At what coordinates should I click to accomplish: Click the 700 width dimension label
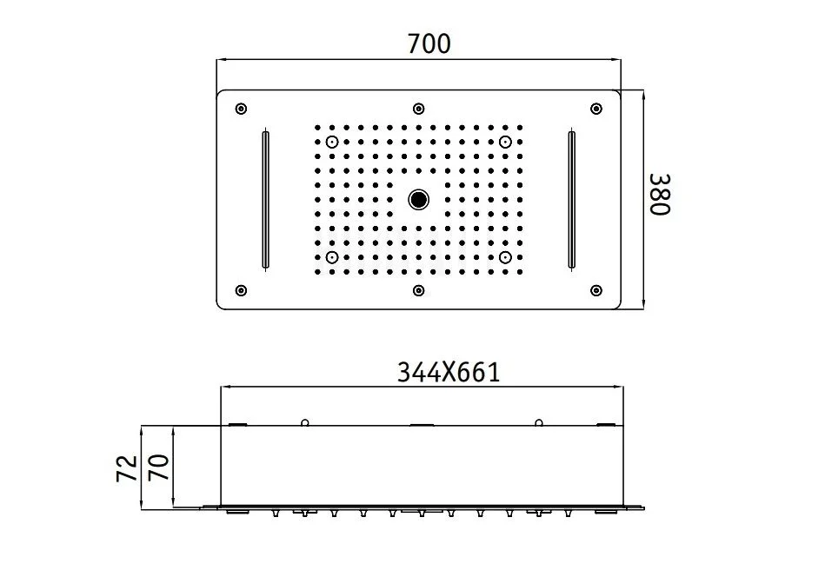pyautogui.click(x=429, y=43)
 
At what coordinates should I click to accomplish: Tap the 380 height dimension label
pyautogui.click(x=660, y=195)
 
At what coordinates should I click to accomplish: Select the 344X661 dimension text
pyautogui.click(x=449, y=373)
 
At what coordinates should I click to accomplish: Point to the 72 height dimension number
pyautogui.click(x=127, y=468)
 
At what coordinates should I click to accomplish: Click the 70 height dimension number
pyautogui.click(x=159, y=467)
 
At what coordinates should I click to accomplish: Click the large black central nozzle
pyautogui.click(x=418, y=199)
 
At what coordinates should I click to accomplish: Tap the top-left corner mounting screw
pyautogui.click(x=241, y=109)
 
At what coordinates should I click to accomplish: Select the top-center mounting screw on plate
pyautogui.click(x=418, y=109)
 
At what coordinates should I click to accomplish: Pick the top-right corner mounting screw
pyautogui.click(x=596, y=109)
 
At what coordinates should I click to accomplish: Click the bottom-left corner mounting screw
pyautogui.click(x=241, y=290)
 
